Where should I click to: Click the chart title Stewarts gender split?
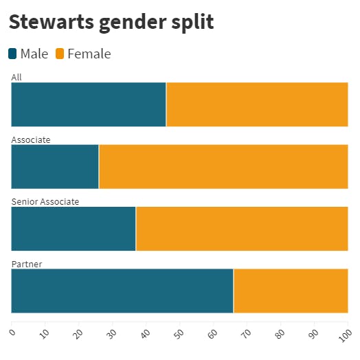tap(111, 23)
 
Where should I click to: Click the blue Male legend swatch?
tap(12, 54)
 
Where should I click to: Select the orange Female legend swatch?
tap(60, 54)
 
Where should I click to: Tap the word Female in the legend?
tap(89, 54)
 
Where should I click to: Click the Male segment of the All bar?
tap(89, 104)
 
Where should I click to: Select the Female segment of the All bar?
tap(257, 104)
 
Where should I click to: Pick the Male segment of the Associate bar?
tap(55, 167)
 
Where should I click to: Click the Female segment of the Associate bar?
tap(223, 167)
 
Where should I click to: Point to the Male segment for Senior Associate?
tap(74, 229)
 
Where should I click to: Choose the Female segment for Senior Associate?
tap(242, 229)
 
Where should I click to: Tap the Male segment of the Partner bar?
tap(122, 291)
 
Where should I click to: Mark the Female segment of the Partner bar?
tap(291, 291)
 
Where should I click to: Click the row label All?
tap(16, 77)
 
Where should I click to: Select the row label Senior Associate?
tap(45, 201)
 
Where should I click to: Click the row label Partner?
tap(27, 264)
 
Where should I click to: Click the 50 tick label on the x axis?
tap(179, 334)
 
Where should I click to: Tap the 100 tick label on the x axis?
tap(346, 335)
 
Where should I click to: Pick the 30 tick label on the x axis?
tap(111, 334)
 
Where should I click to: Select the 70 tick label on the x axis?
tap(246, 334)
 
